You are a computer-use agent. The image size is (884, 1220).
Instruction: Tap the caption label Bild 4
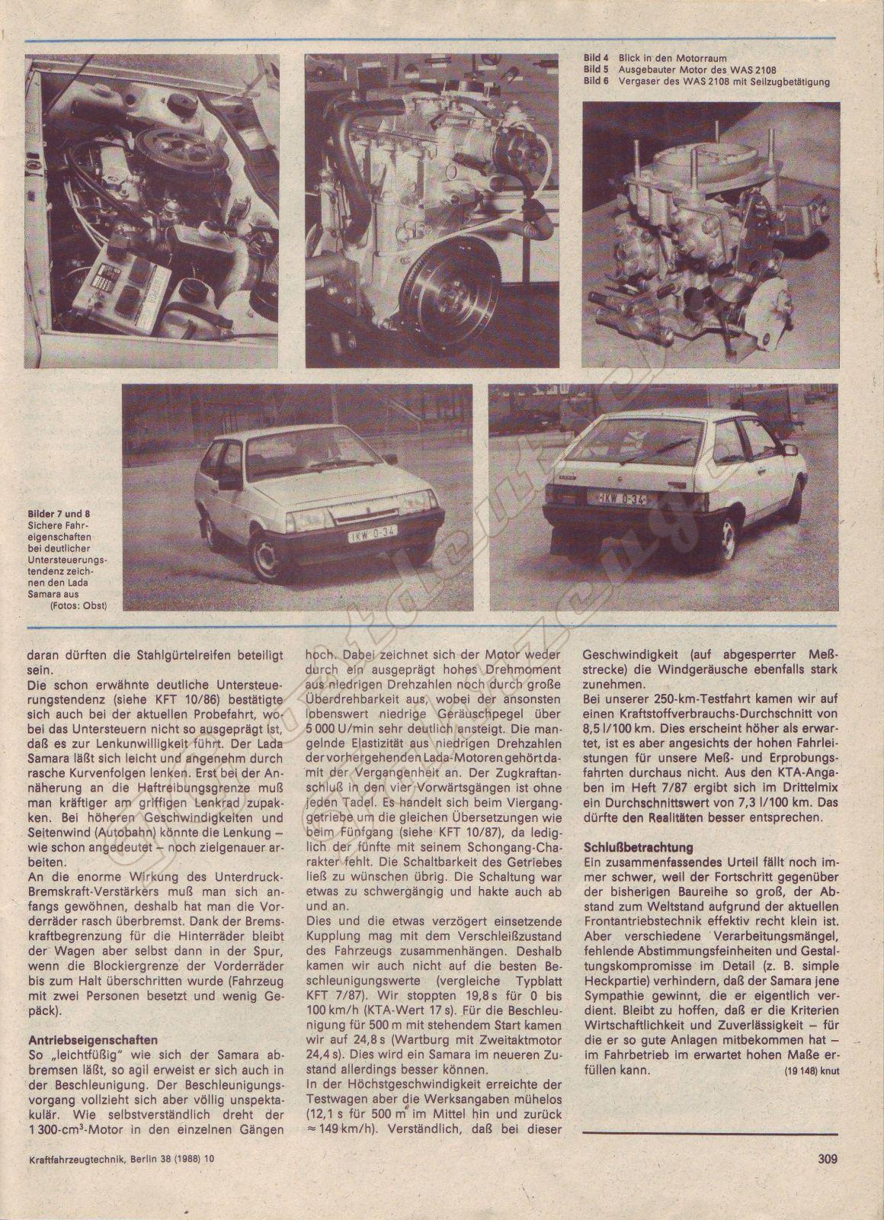pyautogui.click(x=596, y=57)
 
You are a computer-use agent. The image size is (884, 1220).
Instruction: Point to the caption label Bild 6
pyautogui.click(x=596, y=81)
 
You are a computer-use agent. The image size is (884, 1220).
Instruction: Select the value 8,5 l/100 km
pyautogui.click(x=612, y=727)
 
